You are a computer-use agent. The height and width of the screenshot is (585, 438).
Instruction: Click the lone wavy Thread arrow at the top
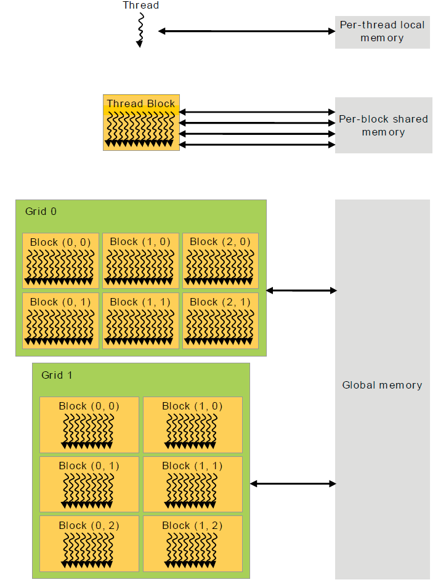(140, 30)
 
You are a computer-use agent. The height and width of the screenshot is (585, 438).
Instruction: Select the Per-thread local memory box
(382, 32)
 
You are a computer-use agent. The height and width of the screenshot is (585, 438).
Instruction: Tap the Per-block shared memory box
(384, 126)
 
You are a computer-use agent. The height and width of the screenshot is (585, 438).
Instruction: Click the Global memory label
(382, 385)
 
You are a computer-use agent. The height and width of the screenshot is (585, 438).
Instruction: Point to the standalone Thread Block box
(141, 123)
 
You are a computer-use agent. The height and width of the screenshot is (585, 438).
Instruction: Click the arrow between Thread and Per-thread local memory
(246, 31)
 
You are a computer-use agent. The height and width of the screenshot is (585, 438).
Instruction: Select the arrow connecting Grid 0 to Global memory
(301, 290)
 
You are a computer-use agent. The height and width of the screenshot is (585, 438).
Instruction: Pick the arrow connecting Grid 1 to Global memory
(293, 484)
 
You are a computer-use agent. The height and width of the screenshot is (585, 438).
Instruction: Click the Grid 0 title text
(41, 212)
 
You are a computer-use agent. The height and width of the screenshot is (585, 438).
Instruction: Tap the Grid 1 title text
(57, 376)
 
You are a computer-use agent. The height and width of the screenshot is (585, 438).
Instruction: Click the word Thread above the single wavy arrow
(140, 5)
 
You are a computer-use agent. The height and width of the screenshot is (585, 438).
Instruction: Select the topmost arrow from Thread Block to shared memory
(257, 112)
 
